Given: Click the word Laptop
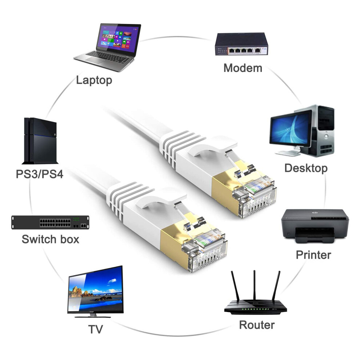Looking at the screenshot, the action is point(94,80).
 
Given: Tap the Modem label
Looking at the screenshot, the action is point(243,68).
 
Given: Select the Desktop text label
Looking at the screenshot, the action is point(306,168).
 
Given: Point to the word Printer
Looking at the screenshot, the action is point(313,255).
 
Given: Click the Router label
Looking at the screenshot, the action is point(257,325).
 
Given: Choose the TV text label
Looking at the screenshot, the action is point(96,329).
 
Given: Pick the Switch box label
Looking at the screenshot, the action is point(51,239).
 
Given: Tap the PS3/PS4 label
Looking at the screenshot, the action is point(40,174).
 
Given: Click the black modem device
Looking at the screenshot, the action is point(241,44).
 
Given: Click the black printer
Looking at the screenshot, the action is point(315,226).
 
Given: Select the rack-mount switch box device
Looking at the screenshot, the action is point(50,222).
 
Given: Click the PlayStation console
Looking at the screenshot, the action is point(40,141).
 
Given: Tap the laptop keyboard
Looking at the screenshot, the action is point(108,57).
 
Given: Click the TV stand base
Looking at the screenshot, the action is point(93,316).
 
